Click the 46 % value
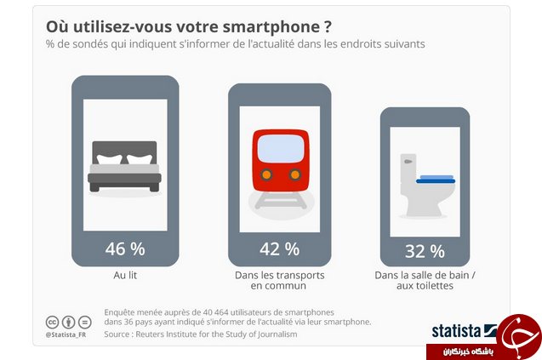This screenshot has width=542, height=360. click(x=125, y=249)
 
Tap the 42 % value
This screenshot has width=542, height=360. click(x=279, y=249)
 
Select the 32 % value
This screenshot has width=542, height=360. click(x=425, y=251)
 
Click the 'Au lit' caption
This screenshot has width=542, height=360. click(x=125, y=275)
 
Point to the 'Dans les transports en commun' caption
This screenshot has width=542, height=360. click(x=279, y=281)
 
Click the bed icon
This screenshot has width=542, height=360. click(x=124, y=167)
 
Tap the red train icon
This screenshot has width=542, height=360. click(x=281, y=169)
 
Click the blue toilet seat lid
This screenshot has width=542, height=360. click(x=436, y=179)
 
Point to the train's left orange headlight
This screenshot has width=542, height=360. click(x=266, y=174)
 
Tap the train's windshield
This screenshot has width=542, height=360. click(x=281, y=148)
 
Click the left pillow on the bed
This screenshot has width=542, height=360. click(x=109, y=159)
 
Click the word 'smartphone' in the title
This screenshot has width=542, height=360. click(x=271, y=27)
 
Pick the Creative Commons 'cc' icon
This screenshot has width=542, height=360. click(x=52, y=323)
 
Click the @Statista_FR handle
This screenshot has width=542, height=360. click(x=66, y=334)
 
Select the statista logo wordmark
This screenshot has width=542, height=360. click(x=456, y=331)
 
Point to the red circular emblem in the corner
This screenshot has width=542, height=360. click(x=518, y=336)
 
